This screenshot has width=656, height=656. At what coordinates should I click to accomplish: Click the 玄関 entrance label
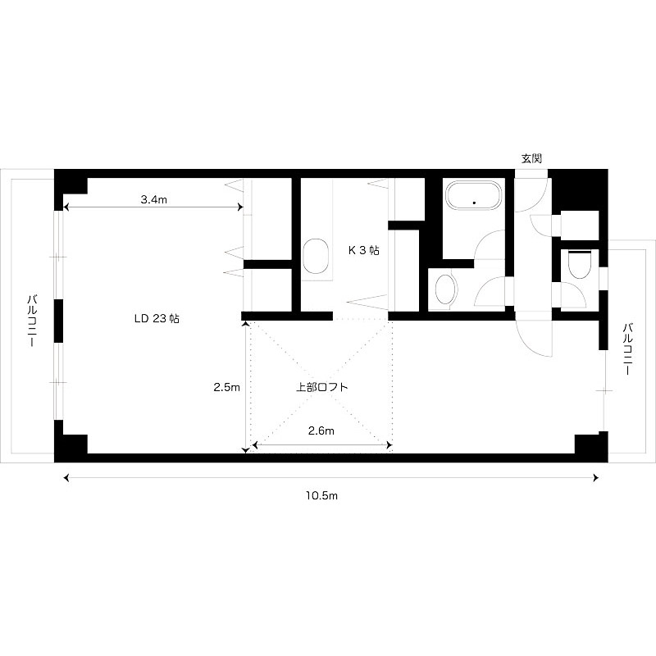531,158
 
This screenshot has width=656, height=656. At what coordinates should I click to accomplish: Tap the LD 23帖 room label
157,318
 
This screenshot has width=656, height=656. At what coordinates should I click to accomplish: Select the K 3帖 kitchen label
364,250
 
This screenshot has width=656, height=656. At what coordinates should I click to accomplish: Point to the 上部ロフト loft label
321,387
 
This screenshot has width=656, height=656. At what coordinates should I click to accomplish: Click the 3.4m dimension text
154,200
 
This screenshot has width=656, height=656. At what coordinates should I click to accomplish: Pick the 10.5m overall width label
321,496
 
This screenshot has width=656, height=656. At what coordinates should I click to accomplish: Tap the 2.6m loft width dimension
321,430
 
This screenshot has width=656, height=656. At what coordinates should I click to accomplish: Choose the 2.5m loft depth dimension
227,387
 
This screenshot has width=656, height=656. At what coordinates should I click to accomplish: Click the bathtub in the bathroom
474,195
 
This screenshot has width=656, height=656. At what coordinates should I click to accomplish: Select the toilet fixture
580,264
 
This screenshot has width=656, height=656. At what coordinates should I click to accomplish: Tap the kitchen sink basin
316,256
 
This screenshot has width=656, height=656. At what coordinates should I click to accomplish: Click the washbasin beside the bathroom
445,289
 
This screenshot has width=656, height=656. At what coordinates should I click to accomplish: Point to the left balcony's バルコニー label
32,321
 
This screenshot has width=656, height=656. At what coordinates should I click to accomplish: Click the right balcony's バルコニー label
627,348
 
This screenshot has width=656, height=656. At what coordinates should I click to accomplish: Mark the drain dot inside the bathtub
475,203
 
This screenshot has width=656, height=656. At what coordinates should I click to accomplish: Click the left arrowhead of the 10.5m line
66,478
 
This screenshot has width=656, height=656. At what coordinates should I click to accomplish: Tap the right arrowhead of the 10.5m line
596,478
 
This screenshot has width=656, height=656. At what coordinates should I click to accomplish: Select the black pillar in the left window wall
58,321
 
